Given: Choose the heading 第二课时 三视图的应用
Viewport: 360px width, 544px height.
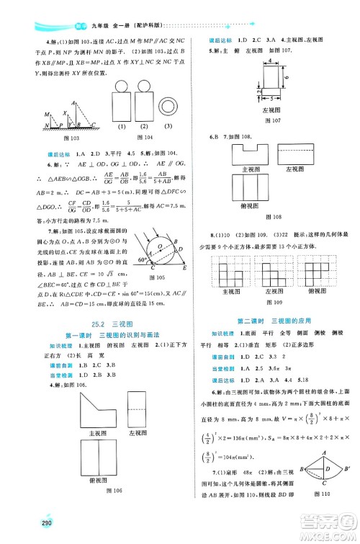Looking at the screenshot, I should tap(271, 318).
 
